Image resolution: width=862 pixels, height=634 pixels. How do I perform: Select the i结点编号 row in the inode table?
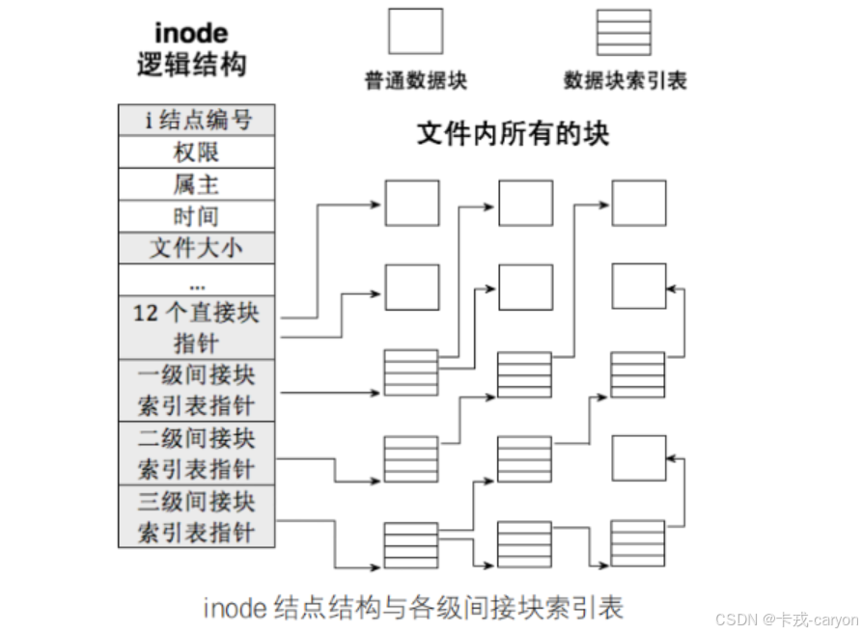coord(197,120)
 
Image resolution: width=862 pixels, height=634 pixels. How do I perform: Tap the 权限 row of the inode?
coord(197,152)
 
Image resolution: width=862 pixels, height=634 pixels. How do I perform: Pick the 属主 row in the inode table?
coord(197,183)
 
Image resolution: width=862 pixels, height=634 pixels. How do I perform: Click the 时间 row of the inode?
coord(197,215)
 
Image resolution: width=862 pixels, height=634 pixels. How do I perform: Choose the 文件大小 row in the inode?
coord(197,247)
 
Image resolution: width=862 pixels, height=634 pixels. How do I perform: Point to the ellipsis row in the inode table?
coord(197,280)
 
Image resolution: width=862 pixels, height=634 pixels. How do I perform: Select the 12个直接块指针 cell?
coord(197,327)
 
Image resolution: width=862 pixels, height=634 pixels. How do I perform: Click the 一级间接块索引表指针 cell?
coord(197,389)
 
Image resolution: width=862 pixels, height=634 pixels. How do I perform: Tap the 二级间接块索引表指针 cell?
coord(197,452)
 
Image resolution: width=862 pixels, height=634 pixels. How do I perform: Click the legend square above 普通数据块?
coord(415,32)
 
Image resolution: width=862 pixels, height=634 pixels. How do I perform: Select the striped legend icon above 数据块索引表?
coord(624,32)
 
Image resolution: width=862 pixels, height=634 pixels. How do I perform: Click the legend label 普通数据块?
coord(415,81)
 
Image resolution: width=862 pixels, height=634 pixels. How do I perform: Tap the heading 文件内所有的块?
coord(513,133)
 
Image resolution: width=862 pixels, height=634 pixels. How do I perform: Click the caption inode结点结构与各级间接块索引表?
coord(413,607)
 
